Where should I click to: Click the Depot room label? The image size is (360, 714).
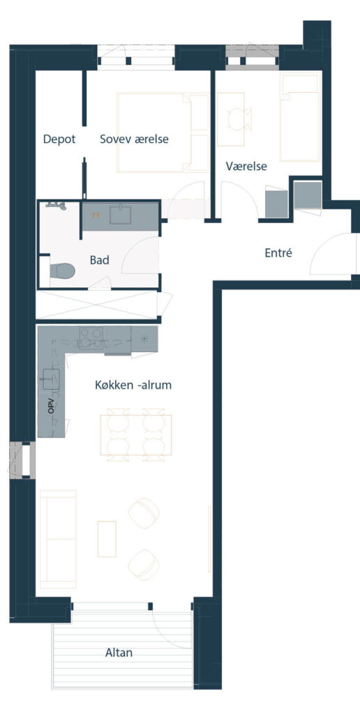pyautogui.click(x=59, y=139)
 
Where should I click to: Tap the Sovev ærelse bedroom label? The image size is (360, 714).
pyautogui.click(x=134, y=139)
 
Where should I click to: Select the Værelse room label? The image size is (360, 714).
pyautogui.click(x=246, y=167)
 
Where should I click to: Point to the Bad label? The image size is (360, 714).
pyautogui.click(x=99, y=261)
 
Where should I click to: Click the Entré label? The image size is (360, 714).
pyautogui.click(x=278, y=252)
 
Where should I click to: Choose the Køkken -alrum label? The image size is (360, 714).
pyautogui.click(x=133, y=385)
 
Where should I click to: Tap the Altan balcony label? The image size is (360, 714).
pyautogui.click(x=119, y=653)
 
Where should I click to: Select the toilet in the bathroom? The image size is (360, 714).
pyautogui.click(x=62, y=271)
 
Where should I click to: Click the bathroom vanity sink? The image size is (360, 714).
pyautogui.click(x=120, y=215)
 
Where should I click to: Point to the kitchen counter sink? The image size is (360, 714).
pyautogui.click(x=51, y=379)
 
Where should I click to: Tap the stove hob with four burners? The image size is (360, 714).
pyautogui.click(x=91, y=338)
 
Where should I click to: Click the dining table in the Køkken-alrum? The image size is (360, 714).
pyautogui.click(x=136, y=435)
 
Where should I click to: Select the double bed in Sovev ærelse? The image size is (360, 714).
pyautogui.click(x=163, y=132)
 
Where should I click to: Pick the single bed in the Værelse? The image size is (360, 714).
pyautogui.click(x=299, y=117)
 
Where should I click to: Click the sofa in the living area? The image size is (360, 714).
pyautogui.click(x=57, y=539)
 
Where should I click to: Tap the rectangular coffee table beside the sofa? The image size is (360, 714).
pyautogui.click(x=107, y=539)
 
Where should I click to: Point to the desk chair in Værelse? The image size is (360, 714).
pyautogui.click(x=240, y=119)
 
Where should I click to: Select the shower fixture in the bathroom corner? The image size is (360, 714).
pyautogui.click(x=57, y=206)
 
